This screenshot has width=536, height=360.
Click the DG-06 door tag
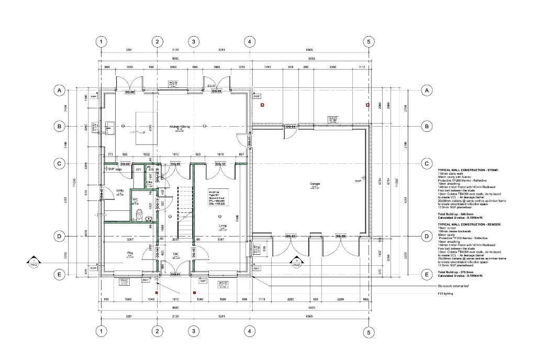129,92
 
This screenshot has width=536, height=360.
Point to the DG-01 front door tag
175,274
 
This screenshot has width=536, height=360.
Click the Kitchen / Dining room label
178,127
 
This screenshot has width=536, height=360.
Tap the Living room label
222,226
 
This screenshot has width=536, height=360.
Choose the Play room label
130,254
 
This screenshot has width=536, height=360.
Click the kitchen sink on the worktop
109,126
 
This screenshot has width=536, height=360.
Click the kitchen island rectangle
143,128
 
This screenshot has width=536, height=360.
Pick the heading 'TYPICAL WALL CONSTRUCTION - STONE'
468,170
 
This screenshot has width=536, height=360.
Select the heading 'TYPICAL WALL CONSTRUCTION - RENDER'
469,223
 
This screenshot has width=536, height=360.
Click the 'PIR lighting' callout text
445,294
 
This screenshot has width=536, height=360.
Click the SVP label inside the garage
359,181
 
